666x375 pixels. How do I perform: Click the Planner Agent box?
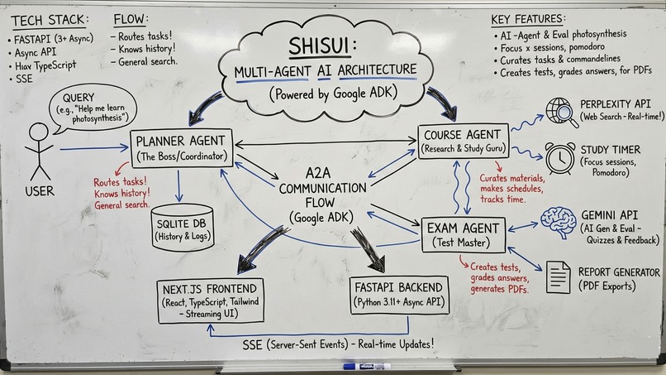(x=183, y=148)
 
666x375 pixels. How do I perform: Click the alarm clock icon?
(x=560, y=158)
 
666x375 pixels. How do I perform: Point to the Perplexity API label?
(x=617, y=103)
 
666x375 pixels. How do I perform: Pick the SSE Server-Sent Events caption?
(x=339, y=343)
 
